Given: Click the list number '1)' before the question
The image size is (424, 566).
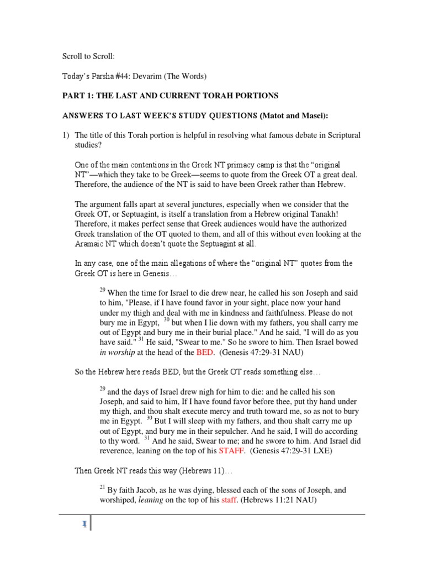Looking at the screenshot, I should tap(65, 136).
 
